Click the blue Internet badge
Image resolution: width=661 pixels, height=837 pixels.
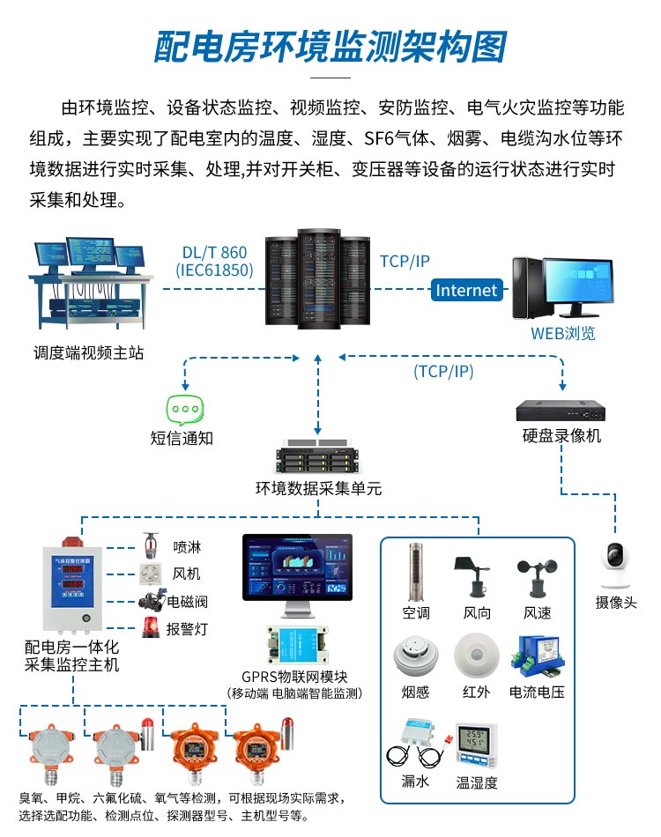(x=466, y=290)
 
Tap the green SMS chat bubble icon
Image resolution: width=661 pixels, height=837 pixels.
(x=185, y=411)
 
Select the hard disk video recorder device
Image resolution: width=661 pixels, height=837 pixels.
(x=561, y=411)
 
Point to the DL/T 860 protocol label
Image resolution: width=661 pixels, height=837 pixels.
(x=214, y=253)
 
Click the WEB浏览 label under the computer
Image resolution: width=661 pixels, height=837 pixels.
(x=562, y=333)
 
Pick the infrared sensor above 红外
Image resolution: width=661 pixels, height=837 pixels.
(x=476, y=656)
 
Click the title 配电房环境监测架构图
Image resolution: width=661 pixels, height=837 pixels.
(x=330, y=47)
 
